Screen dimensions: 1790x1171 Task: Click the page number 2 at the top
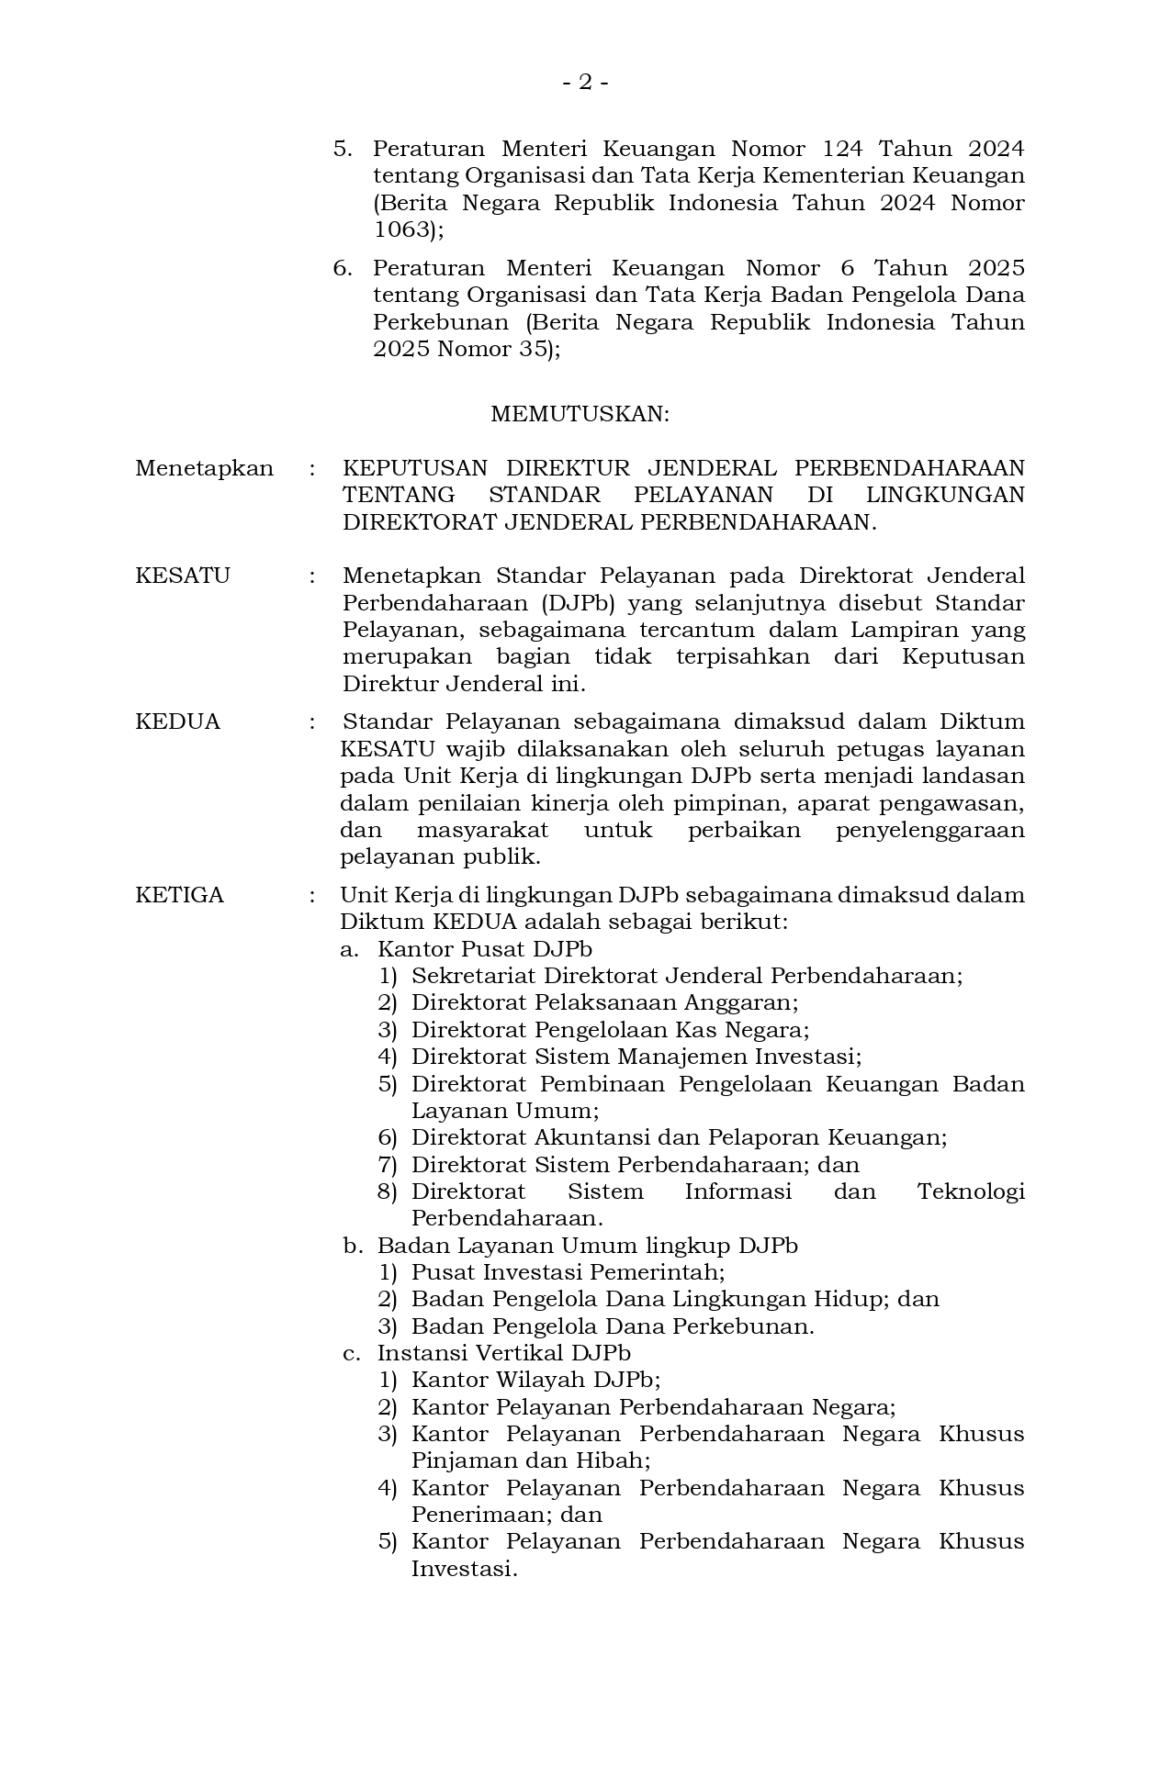(585, 83)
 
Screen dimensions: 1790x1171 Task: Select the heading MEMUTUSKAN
(580, 414)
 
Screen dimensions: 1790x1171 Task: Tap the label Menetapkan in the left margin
(204, 468)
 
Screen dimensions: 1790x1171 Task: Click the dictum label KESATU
(182, 576)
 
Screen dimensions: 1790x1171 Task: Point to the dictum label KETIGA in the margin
(179, 895)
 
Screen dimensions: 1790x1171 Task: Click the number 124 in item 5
(842, 149)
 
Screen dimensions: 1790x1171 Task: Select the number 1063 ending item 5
(402, 229)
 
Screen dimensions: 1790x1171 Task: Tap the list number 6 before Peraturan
(342, 268)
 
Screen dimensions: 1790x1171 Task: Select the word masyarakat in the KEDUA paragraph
(482, 830)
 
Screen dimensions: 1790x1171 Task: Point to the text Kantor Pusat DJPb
(484, 948)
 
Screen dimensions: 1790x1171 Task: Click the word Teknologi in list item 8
(970, 1191)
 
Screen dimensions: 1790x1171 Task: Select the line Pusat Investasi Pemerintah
(568, 1272)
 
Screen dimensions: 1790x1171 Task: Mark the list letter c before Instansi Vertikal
(350, 1353)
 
